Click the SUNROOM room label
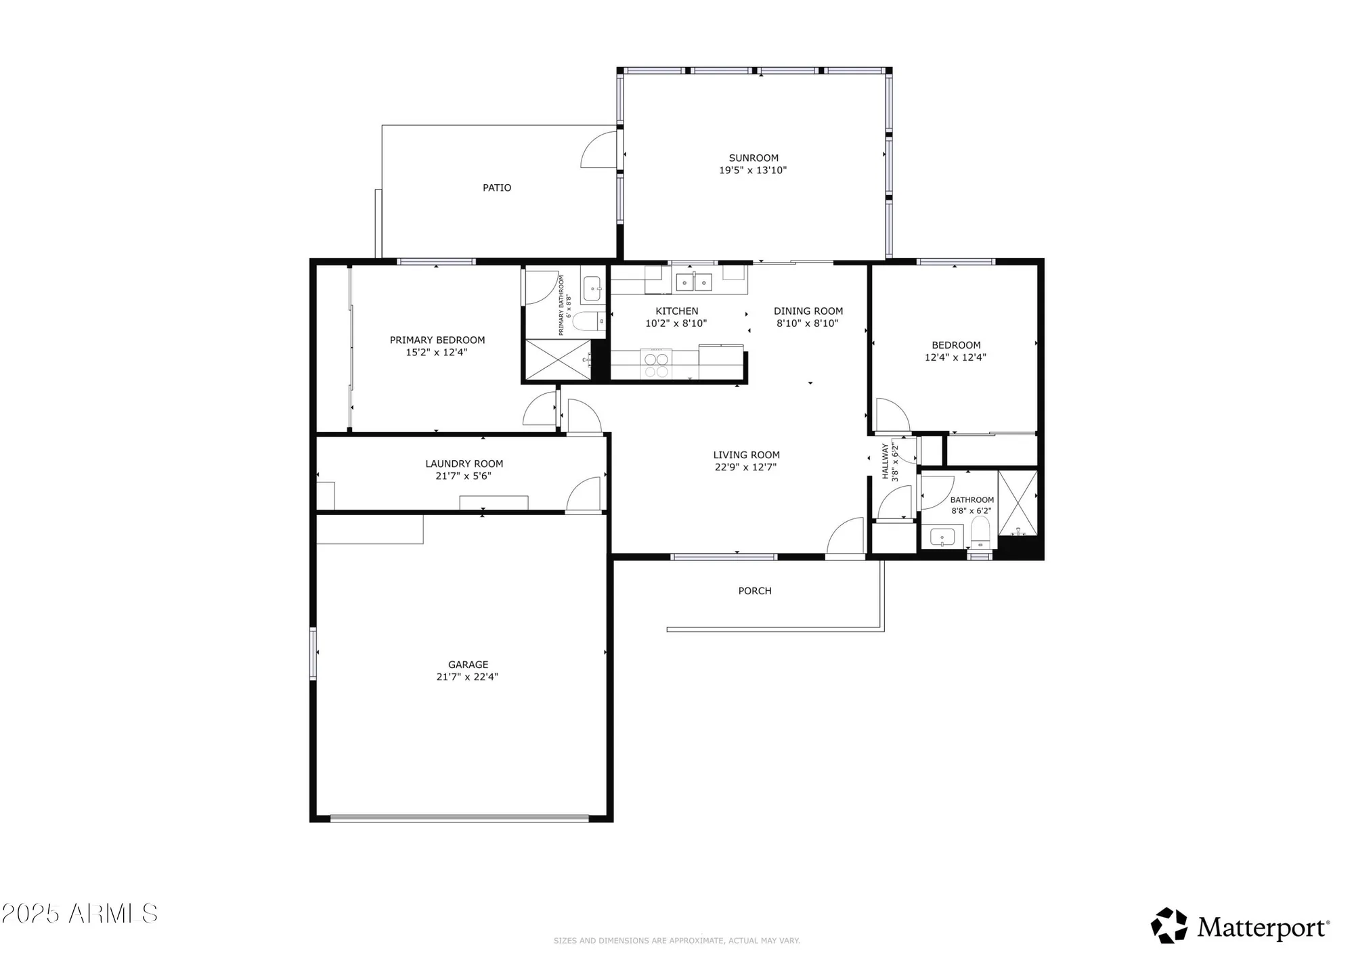(x=754, y=158)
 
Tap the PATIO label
(x=497, y=187)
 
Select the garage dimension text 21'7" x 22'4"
(x=467, y=677)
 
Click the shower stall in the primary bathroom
(x=557, y=359)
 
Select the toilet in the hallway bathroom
(x=980, y=531)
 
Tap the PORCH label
(x=755, y=591)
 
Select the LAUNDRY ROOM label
(x=464, y=464)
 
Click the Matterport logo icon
(x=1169, y=925)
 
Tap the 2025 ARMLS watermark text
(x=79, y=914)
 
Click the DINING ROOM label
(x=808, y=311)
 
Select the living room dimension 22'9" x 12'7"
(x=745, y=467)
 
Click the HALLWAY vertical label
(x=885, y=462)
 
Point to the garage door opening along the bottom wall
(x=460, y=818)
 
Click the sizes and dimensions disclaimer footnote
(x=677, y=941)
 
